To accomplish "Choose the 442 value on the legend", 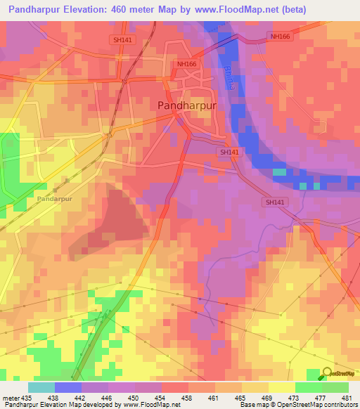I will click(82, 397).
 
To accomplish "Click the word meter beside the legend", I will click(10, 397).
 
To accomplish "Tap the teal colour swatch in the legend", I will click(41, 387).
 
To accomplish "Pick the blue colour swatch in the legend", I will click(67, 387).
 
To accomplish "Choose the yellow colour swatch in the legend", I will click(281, 387).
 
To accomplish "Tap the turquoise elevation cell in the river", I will click(280, 172).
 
